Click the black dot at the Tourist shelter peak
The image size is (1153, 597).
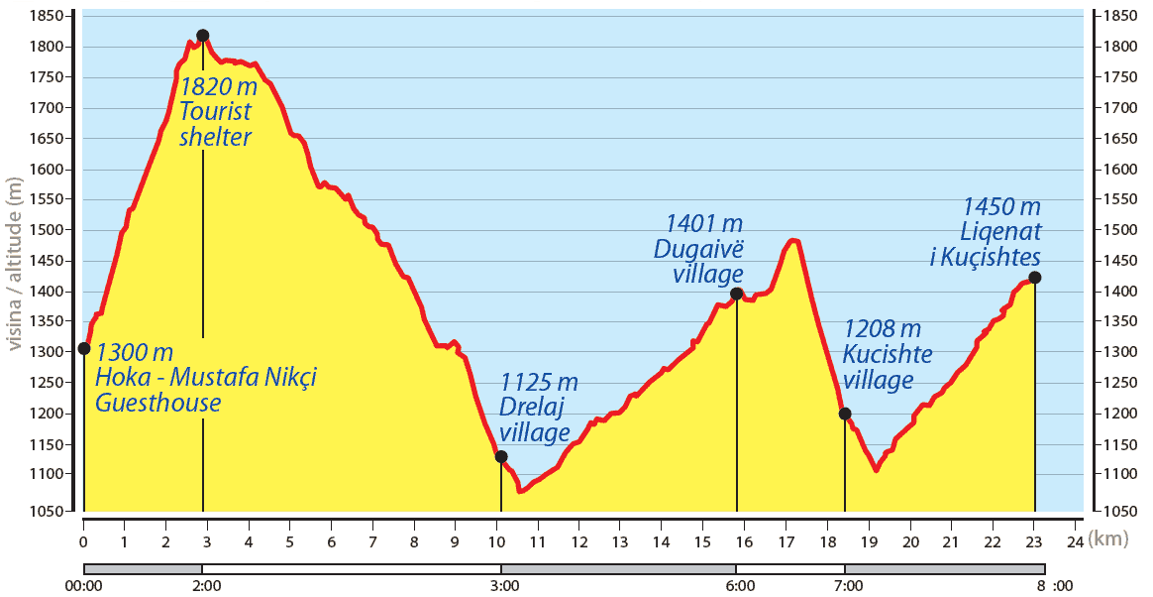pyautogui.click(x=203, y=36)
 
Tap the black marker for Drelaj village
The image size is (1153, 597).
pyautogui.click(x=501, y=457)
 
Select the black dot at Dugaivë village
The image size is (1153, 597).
pyautogui.click(x=736, y=294)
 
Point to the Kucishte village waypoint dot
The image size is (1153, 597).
pyautogui.click(x=845, y=414)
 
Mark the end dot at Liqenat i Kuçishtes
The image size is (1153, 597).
pyautogui.click(x=1035, y=278)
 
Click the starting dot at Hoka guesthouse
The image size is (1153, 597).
pyautogui.click(x=84, y=348)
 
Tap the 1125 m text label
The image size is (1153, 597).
pyautogui.click(x=539, y=383)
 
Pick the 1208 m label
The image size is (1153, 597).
pyautogui.click(x=882, y=328)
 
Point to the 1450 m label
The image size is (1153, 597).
pyautogui.click(x=1001, y=207)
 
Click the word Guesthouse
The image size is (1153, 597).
pyautogui.click(x=157, y=403)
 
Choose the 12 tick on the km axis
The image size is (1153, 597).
pyautogui.click(x=579, y=541)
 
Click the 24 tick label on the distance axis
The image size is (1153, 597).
pyautogui.click(x=1075, y=541)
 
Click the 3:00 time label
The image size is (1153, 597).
pyautogui.click(x=505, y=585)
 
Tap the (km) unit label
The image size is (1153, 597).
pyautogui.click(x=1109, y=538)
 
